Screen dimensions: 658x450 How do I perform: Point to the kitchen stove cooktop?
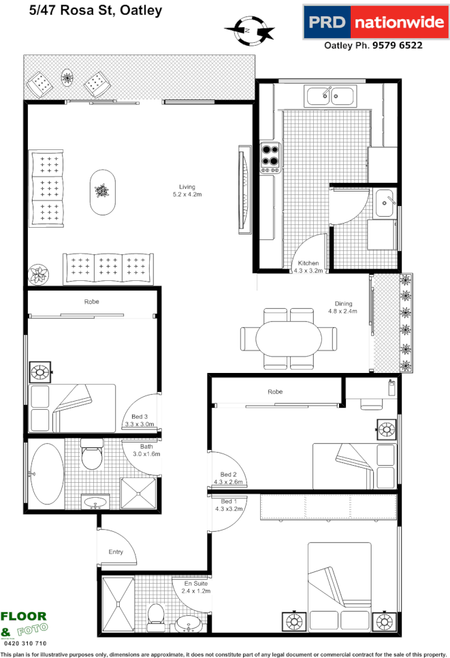270,155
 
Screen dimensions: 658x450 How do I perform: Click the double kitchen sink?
329,95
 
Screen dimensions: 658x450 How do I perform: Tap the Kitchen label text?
308,263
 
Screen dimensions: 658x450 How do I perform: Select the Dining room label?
343,304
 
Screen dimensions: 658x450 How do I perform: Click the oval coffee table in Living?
102,192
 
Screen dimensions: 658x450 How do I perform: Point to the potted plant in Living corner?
37,275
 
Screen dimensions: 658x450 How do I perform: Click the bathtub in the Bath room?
46,470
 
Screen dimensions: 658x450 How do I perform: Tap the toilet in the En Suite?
156,612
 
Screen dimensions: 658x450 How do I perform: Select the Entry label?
116,552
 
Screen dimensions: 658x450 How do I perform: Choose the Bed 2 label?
228,475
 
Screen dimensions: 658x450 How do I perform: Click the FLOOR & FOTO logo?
24,624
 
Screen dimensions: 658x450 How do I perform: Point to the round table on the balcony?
68,78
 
